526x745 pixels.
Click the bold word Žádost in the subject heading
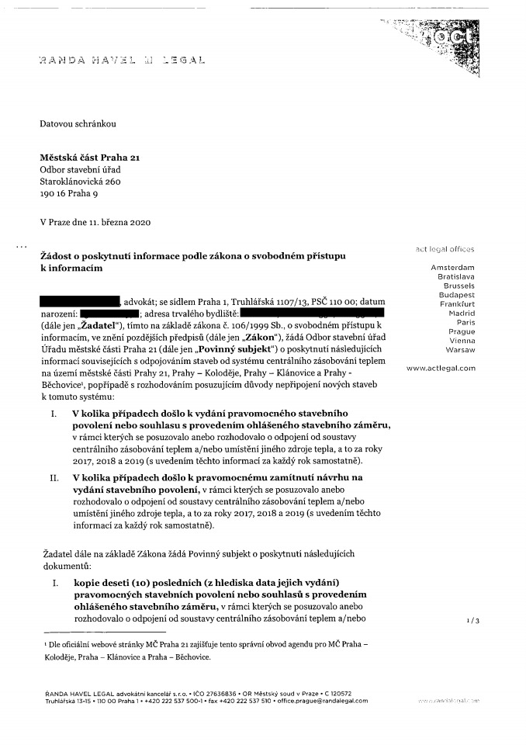pos(57,255)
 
